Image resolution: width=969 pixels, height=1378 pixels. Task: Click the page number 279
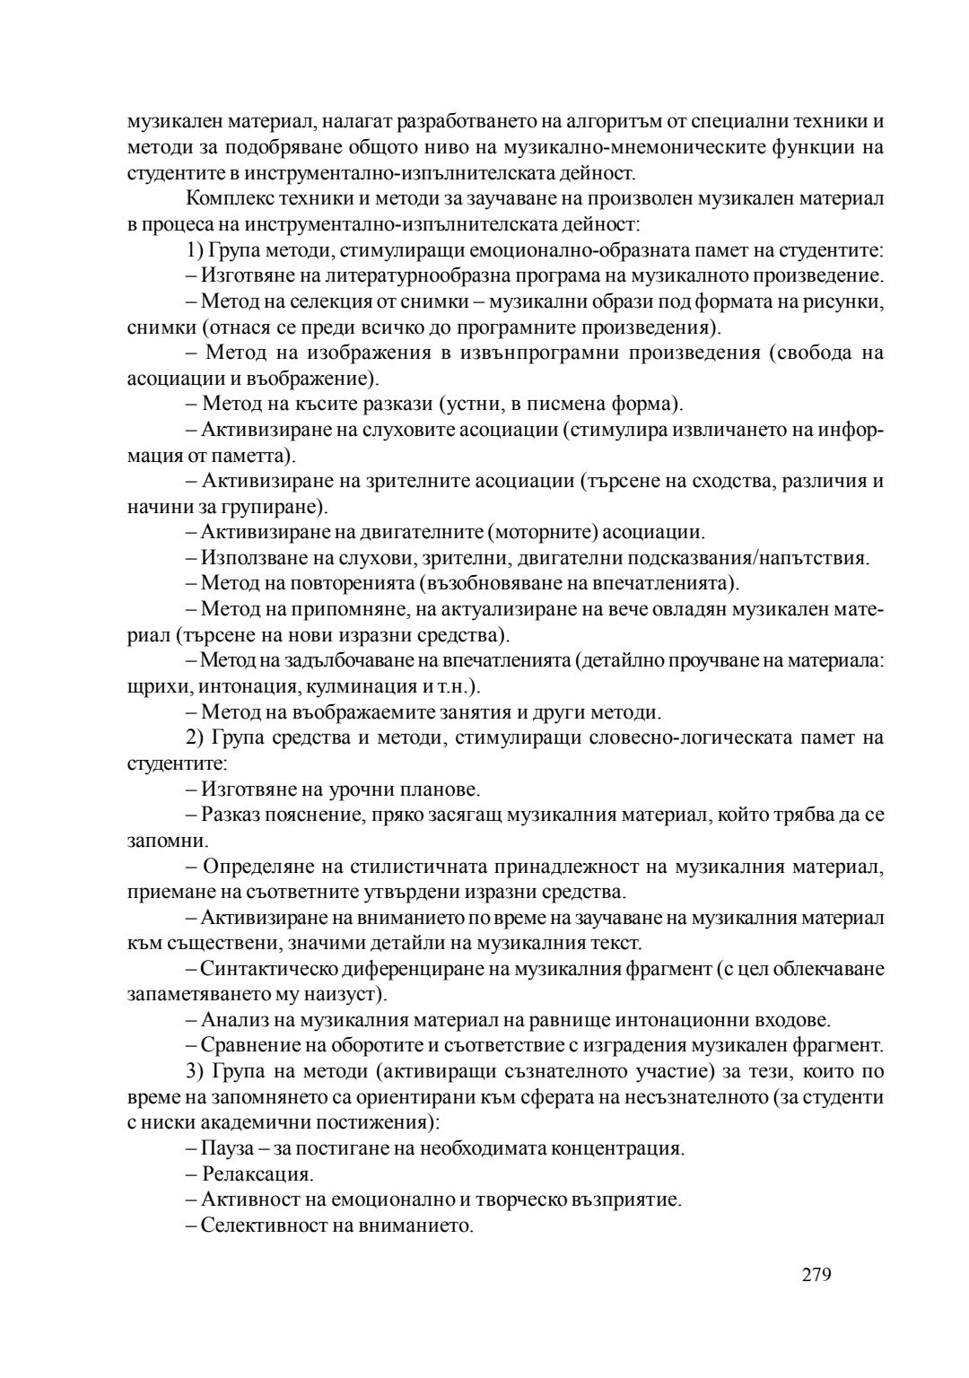(x=817, y=1275)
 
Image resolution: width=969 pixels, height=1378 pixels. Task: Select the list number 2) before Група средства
(x=196, y=738)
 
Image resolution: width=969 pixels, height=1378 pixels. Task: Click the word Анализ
(x=231, y=1020)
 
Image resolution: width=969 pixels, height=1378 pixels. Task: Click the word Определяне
(x=249, y=867)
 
